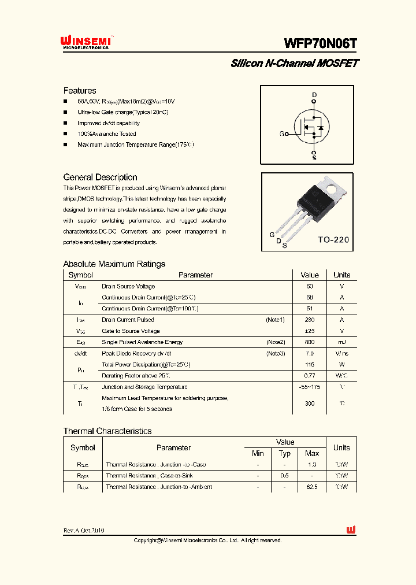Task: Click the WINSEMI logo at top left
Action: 86,43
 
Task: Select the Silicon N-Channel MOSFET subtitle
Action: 294,64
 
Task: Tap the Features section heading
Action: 80,91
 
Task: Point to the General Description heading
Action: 100,177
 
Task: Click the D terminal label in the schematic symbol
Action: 314,95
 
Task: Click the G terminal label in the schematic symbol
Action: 282,134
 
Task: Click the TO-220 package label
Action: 333,239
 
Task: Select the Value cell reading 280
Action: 310,320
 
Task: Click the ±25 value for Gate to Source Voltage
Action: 310,331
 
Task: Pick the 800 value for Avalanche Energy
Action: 310,342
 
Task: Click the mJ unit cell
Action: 341,342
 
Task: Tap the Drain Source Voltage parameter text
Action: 128,286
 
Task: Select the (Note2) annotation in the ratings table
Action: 275,342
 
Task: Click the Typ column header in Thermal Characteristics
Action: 285,454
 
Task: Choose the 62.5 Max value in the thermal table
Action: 312,487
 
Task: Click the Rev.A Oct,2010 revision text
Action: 84,530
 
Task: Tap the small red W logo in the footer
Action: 351,530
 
